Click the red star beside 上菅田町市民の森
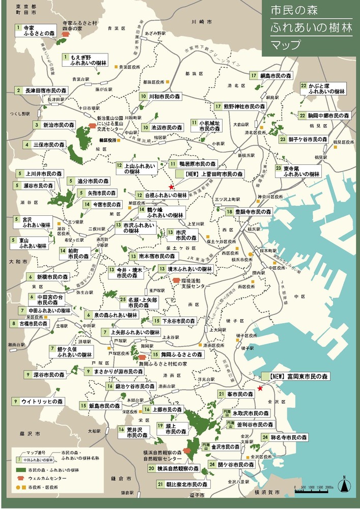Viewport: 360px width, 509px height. pos(171,187)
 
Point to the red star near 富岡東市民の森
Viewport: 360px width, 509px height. pos(260,388)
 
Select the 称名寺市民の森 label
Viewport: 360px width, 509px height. pos(289,437)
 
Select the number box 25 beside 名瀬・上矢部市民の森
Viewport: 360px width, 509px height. pos(123,299)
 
